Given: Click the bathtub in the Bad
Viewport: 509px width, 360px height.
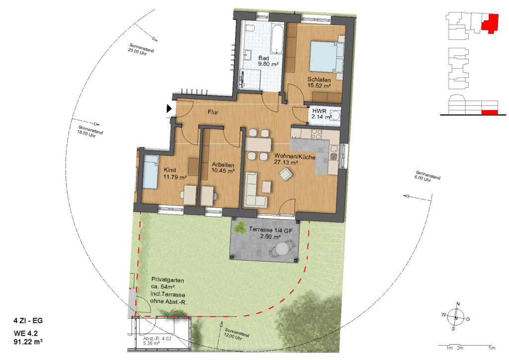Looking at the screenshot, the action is click(277, 39).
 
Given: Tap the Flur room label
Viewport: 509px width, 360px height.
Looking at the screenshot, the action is click(213, 112).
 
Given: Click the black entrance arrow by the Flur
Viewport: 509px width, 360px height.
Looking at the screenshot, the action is click(169, 108).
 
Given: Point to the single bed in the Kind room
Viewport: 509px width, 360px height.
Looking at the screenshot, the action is click(150, 172).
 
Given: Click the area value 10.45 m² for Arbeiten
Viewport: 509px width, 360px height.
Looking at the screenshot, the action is click(223, 171).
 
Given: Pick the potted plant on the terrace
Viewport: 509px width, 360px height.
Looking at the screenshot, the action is click(241, 227).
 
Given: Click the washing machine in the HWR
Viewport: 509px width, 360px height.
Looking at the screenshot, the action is click(336, 115).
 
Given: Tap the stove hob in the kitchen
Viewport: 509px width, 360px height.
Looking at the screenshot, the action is click(316, 134).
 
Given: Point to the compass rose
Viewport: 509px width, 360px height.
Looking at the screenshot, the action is click(456, 317).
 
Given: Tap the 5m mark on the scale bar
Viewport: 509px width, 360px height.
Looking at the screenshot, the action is click(492, 348).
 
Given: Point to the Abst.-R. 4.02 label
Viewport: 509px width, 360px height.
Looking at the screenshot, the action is click(157, 339).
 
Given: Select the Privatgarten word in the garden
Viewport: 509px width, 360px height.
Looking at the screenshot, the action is click(168, 280).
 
